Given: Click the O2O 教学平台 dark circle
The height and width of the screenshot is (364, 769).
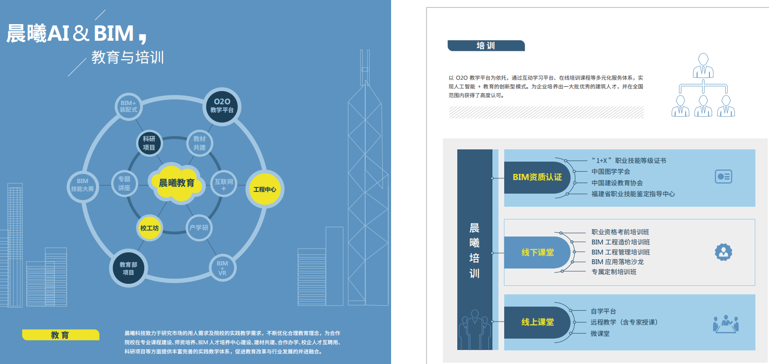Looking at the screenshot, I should coord(222,106).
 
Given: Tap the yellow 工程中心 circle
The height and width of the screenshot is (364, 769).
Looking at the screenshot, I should coord(264,189).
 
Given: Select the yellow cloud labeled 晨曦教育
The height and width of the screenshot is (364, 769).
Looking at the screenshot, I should coord(177,183).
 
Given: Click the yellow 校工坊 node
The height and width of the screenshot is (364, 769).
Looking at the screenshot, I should coord(150,228).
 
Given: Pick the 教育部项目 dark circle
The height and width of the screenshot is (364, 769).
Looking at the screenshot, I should coord(128,268).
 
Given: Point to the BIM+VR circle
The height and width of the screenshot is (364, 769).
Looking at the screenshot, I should coord(222,268).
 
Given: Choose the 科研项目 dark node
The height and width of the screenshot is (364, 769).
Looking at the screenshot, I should coord(149,143).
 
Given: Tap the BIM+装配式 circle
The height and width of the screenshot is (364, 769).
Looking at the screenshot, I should coord(128,106).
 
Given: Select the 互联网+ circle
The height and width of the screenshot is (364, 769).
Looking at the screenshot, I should coord(224,184).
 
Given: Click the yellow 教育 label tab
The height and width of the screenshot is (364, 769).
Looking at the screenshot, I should coord(61,335).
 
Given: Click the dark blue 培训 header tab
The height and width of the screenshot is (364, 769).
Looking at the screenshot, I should coord(486,46).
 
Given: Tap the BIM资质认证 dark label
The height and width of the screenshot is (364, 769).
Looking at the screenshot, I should coord(537,177).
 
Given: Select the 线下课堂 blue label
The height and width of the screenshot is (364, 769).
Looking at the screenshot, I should coord(537,252).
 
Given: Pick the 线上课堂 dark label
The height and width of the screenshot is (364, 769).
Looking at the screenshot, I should coord(537,322).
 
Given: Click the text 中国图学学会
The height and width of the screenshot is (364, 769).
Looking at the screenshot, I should coord(611,172).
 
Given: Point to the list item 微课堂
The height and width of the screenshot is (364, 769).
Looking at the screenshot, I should coord(600,333).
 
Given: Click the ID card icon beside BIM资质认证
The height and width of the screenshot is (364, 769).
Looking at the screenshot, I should coord(723,177).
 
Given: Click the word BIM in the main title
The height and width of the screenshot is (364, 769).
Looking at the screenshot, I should coord(114,33).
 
